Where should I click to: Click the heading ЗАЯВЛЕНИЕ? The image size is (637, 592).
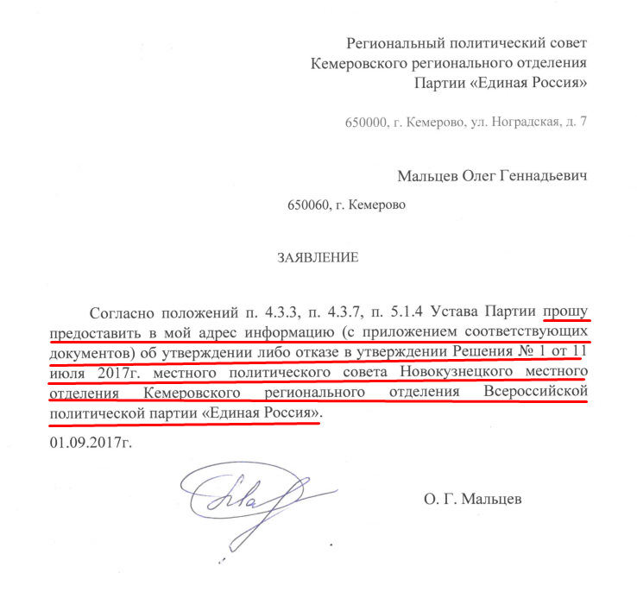[315, 257]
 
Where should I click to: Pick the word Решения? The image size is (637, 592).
[482, 351]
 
